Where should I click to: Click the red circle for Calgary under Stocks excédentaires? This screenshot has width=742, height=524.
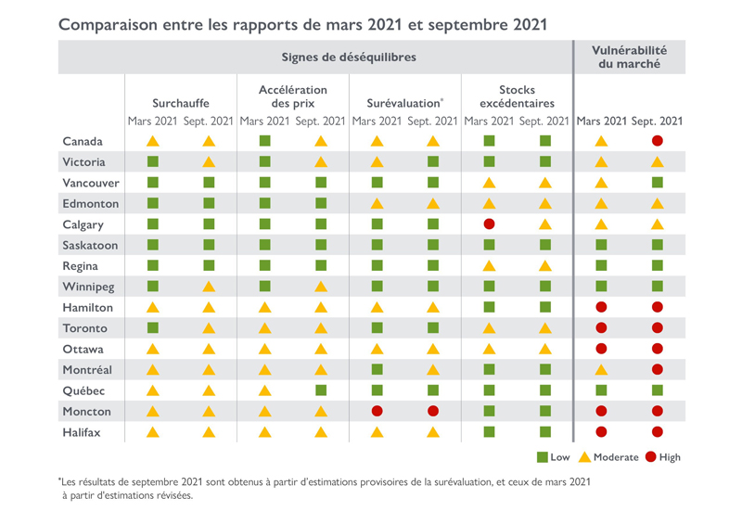click(x=490, y=224)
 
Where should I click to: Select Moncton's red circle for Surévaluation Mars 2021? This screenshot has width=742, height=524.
click(x=377, y=411)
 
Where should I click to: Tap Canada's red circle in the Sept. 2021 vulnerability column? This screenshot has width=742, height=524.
click(x=658, y=141)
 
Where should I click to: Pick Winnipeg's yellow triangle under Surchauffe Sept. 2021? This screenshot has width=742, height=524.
click(x=209, y=287)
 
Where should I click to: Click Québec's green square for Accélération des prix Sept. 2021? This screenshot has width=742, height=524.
click(x=321, y=390)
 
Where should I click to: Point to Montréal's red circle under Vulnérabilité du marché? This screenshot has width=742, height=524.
click(x=658, y=370)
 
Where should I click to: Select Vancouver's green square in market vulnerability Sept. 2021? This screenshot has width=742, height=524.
click(x=658, y=183)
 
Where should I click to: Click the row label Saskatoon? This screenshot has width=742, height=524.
click(x=90, y=245)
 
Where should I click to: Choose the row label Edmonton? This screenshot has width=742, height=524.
click(x=90, y=203)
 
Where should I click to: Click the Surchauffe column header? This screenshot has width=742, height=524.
click(x=181, y=103)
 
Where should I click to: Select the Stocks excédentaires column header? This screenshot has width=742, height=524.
click(x=517, y=96)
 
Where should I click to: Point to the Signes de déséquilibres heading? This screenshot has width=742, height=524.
click(x=349, y=58)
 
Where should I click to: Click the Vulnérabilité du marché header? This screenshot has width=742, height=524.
click(x=630, y=57)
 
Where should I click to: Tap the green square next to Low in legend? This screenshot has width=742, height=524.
click(x=542, y=457)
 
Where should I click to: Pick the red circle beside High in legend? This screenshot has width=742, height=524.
click(x=650, y=457)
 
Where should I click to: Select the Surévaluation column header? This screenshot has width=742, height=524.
click(x=404, y=103)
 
